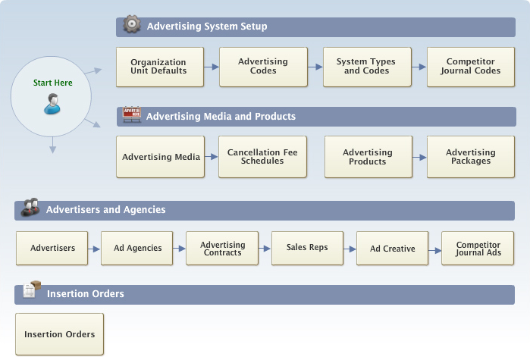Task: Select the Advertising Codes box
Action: [263, 67]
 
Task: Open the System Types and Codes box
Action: [367, 67]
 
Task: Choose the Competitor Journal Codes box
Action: [470, 67]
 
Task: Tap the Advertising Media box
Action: [160, 157]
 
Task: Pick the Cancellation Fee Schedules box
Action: [263, 157]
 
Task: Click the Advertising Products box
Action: [367, 157]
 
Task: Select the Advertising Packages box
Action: [470, 157]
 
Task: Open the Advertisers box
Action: [52, 249]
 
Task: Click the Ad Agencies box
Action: [138, 249]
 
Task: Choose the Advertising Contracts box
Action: [223, 249]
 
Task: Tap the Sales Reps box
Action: [307, 249]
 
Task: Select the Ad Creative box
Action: [392, 249]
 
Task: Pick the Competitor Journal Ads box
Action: [477, 249]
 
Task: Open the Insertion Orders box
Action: [59, 334]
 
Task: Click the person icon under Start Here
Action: [52, 104]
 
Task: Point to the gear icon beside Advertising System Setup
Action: [132, 24]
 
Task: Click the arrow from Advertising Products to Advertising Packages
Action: [419, 157]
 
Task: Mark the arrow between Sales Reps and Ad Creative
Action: [350, 249]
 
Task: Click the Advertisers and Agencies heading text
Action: [105, 210]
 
